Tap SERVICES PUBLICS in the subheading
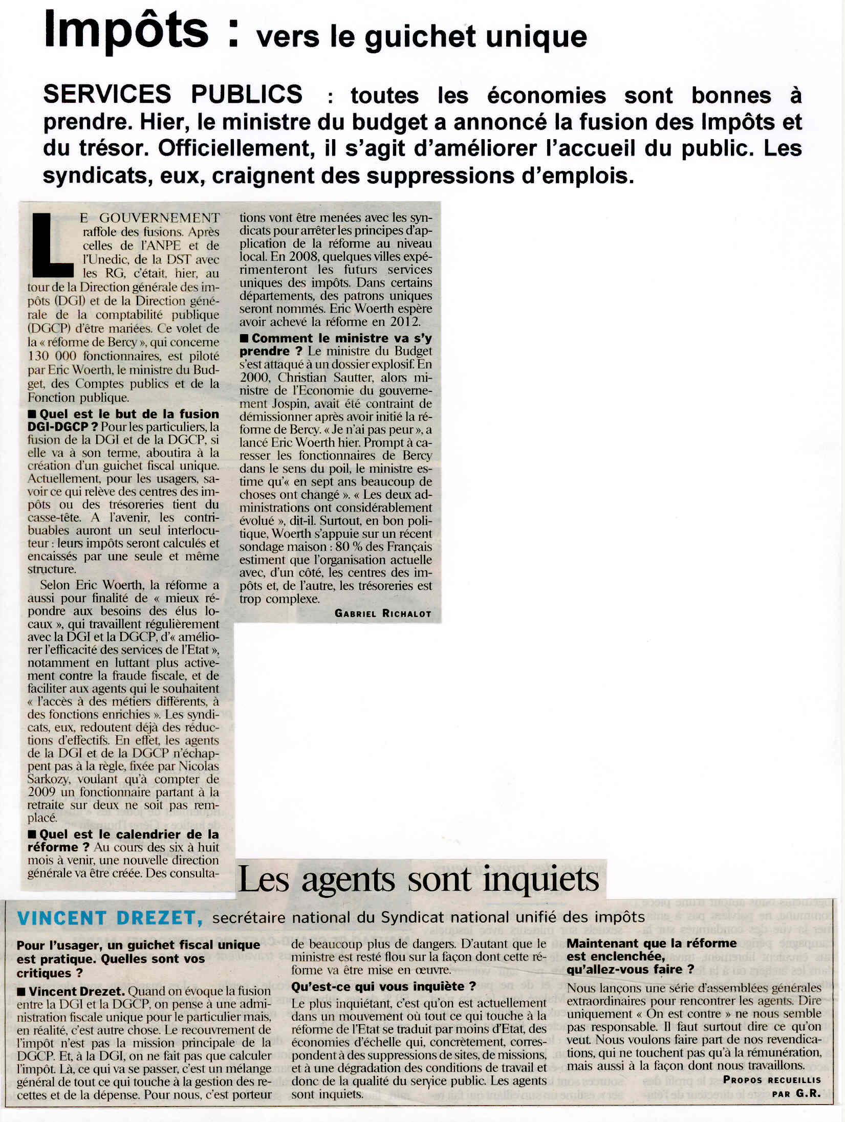tap(172, 94)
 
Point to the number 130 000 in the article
tap(52, 356)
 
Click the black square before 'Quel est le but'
tap(32, 414)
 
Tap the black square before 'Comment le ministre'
tap(244, 338)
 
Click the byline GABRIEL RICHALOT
tap(382, 613)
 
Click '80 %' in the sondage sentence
tap(349, 547)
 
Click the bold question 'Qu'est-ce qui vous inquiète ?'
tap(383, 986)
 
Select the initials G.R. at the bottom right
tap(808, 1094)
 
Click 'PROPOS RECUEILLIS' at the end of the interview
tap(771, 1080)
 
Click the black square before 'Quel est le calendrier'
tap(32, 834)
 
